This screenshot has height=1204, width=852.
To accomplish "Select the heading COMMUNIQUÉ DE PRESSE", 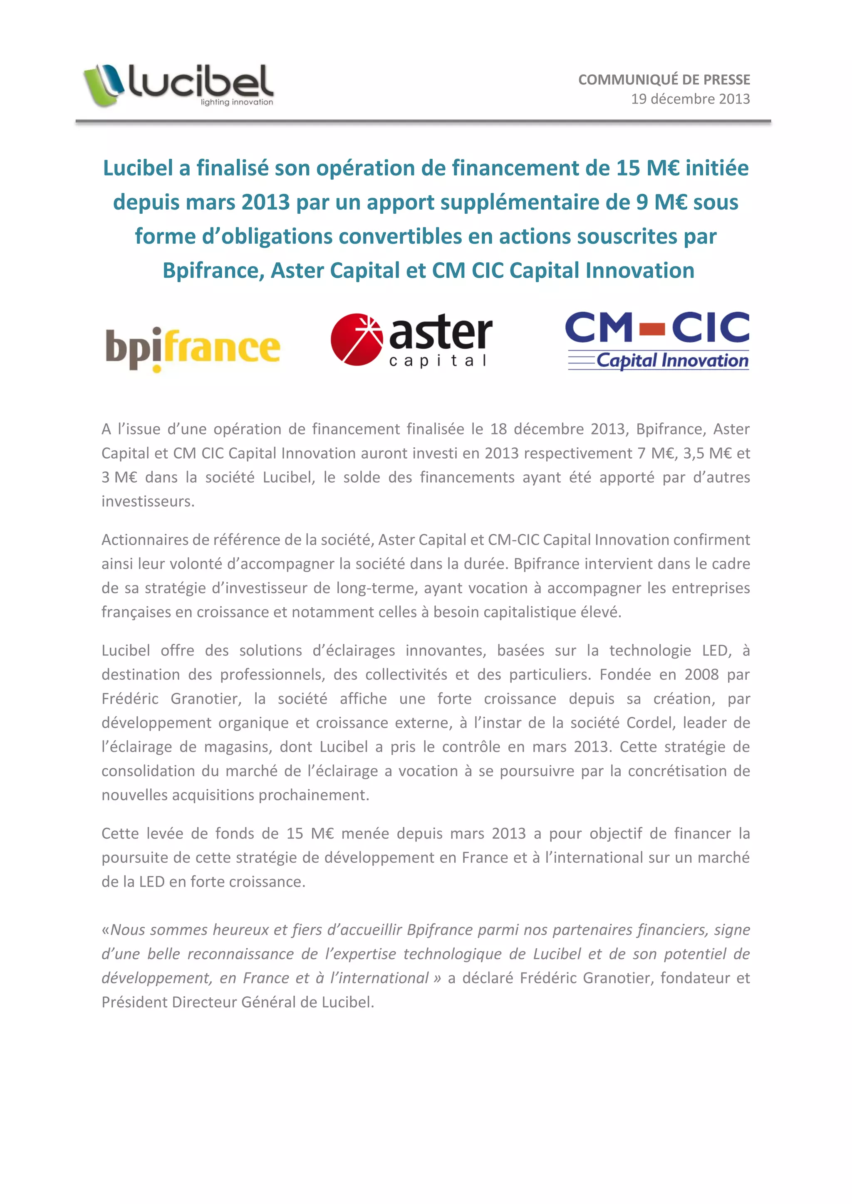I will [664, 80].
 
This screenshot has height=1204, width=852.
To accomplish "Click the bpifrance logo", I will [193, 349].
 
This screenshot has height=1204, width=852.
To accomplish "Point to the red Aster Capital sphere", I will [357, 339].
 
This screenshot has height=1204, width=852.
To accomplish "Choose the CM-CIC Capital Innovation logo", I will [657, 341].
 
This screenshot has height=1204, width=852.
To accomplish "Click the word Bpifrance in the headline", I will [213, 271].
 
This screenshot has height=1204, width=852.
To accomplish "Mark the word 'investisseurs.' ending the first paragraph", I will [148, 501].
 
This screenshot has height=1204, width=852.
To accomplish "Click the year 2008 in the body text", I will [701, 674].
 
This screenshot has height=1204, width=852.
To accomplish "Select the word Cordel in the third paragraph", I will [651, 723].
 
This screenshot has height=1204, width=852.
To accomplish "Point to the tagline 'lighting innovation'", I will [237, 102].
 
